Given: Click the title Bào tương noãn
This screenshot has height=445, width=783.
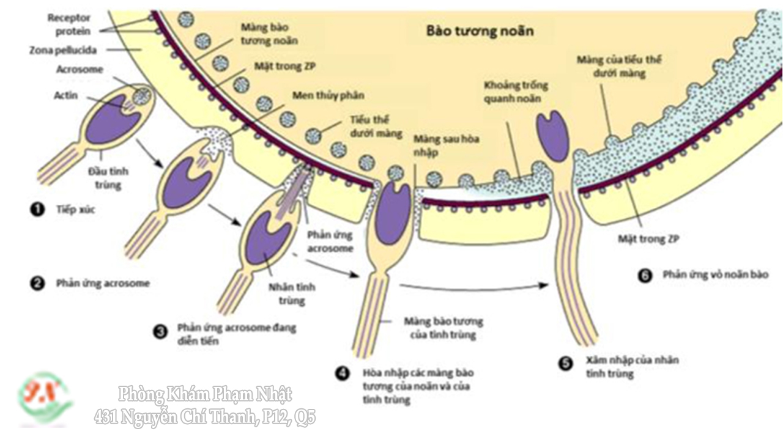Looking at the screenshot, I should click(x=480, y=31).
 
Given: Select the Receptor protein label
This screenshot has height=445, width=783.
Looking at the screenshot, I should click(x=69, y=24).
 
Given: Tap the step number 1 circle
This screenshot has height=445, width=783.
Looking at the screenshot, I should click(x=37, y=210).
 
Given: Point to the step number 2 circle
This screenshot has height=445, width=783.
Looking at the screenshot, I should click(x=37, y=283).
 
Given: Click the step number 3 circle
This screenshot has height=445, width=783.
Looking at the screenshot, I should click(x=160, y=332).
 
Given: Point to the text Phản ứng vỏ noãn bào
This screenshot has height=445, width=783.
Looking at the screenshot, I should click(x=715, y=275).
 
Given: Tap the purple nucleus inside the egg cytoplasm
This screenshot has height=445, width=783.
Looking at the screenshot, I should click(x=552, y=136).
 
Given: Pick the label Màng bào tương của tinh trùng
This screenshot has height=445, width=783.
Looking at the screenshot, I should click(x=443, y=328).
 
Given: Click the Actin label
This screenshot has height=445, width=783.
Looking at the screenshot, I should click(x=66, y=95).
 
